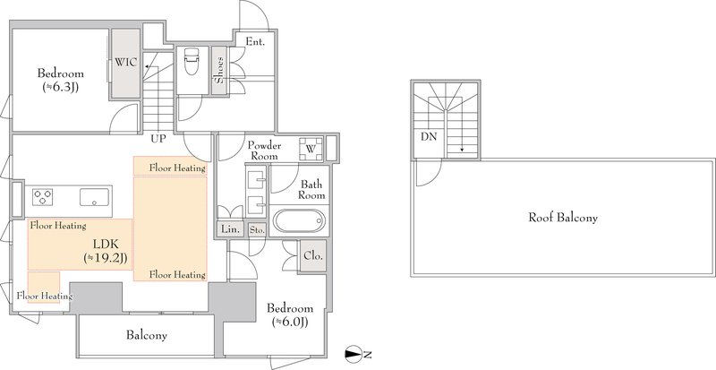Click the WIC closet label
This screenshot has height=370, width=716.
tap(125, 63)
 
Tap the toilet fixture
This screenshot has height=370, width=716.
tap(191, 62)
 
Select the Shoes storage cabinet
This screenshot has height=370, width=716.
tap(219, 70)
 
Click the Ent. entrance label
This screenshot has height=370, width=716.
tap(255, 41)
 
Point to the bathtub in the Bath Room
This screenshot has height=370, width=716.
tap(299, 221)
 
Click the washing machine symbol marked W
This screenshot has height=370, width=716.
tap(311, 149)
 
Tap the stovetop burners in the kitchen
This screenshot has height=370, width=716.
tap(42, 197)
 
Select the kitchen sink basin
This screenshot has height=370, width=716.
tap(95, 197)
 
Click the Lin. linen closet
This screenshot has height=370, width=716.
tap(231, 229)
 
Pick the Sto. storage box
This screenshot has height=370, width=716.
tap(257, 230)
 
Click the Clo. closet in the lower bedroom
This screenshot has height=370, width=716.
tap(313, 255)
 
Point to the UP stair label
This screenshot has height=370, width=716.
tap(158, 138)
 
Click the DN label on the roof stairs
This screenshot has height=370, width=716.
tap(429, 136)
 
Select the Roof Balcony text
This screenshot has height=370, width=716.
tap(563, 217)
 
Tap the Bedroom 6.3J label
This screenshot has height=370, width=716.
tap(61, 80)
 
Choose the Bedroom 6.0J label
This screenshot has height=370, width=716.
tap(290, 314)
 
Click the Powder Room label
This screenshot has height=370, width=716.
tap(264, 151)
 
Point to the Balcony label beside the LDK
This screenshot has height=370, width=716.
tap(147, 335)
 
